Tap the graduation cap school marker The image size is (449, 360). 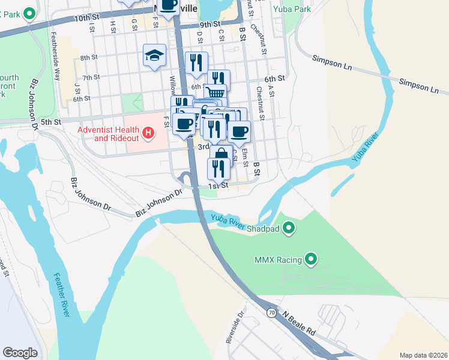point(154,56)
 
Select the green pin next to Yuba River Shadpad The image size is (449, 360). point(289,227)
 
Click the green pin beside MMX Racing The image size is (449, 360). point(311,259)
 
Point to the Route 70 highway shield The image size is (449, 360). point(272,313)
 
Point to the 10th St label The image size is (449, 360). point(86,19)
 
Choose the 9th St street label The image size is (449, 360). point(211,25)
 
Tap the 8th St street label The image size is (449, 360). point(89,58)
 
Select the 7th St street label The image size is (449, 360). point(91,77)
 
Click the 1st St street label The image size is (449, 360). point(218,186)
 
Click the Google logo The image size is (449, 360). point(20,353)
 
